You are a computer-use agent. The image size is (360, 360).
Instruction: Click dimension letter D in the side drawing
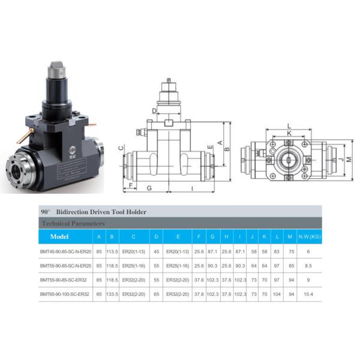[154, 110]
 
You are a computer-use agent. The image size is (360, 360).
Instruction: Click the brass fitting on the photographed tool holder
[21, 137]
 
